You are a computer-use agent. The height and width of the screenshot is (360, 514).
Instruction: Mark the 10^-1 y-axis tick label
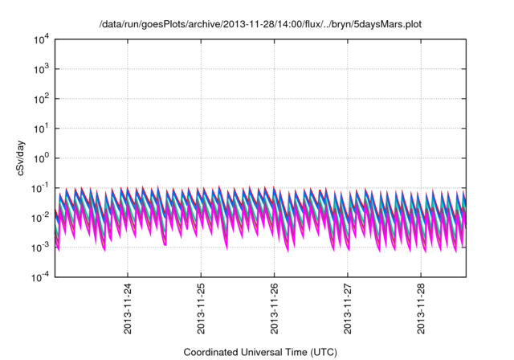click(x=40, y=188)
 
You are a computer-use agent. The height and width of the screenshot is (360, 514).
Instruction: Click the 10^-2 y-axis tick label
click(x=40, y=218)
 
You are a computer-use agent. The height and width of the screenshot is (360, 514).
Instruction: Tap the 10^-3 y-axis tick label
click(x=40, y=247)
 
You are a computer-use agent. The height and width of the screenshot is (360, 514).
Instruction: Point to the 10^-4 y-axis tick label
click(x=40, y=277)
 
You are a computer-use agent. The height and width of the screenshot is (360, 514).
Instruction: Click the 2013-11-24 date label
click(x=128, y=308)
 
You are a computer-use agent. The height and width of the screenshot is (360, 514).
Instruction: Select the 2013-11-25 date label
click(x=201, y=308)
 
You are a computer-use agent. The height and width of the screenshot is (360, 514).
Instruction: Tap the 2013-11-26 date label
click(x=274, y=308)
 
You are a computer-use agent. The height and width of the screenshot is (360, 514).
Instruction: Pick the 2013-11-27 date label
click(x=347, y=308)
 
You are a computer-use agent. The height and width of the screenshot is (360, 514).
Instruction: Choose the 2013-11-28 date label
click(x=420, y=308)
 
